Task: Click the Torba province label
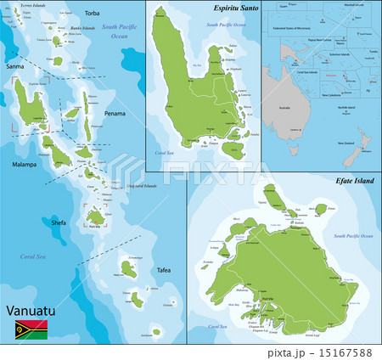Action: [x=92, y=14]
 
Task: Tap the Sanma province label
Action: [x=14, y=65]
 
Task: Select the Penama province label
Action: [x=115, y=113]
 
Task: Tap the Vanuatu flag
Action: [x=30, y=331]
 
